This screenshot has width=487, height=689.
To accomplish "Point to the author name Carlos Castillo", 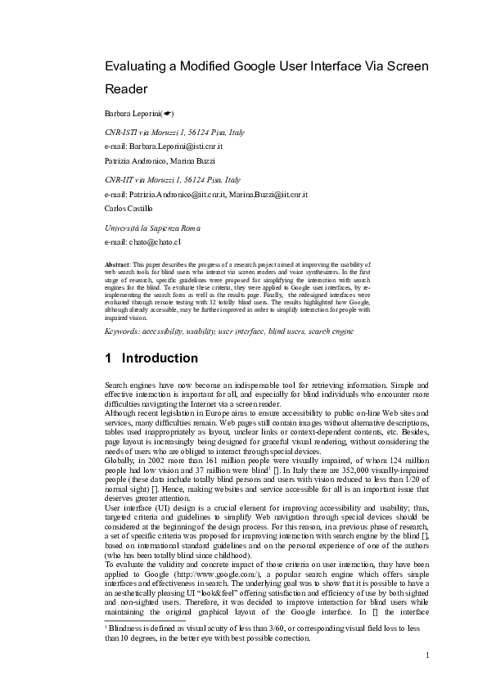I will [129, 209].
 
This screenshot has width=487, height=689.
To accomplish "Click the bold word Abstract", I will [119, 266].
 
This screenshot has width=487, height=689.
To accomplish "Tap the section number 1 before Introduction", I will [109, 358].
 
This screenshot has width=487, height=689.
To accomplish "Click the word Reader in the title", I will [131, 88].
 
